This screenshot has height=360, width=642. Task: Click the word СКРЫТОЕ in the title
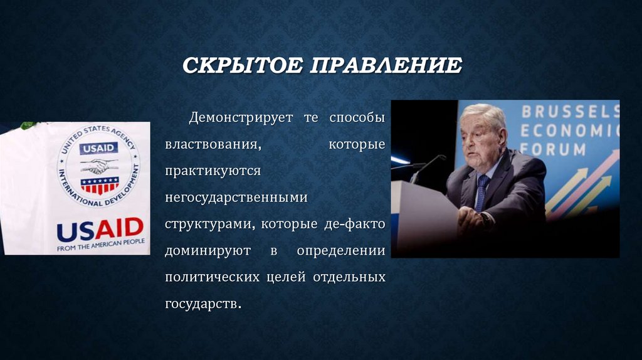[x=241, y=65]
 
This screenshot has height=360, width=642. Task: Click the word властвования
[x=213, y=145]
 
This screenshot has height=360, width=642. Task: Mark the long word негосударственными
[x=236, y=198]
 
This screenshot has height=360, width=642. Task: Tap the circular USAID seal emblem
[x=99, y=165]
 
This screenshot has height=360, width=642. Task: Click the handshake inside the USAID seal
[x=98, y=166]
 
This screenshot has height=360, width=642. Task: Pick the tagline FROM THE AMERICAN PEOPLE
[x=101, y=243]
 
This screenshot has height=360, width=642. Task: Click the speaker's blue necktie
[x=481, y=191]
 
